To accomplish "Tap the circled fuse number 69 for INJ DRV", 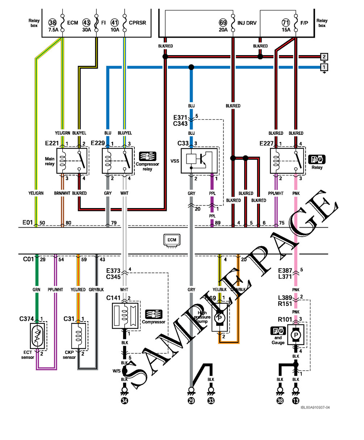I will point(223,22).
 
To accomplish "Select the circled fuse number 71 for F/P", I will point(286,22).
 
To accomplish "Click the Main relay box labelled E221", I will point(72,161).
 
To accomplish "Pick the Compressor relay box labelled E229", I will point(117,161).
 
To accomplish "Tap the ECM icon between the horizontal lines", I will point(172,240).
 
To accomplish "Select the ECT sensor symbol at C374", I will point(38,336).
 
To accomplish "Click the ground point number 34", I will point(124,401).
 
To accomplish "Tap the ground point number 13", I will point(296,401).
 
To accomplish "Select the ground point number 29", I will point(191,401).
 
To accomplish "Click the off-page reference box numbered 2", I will point(324,57).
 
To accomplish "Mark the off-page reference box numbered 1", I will point(324,67).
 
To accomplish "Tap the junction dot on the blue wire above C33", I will point(191,67).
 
